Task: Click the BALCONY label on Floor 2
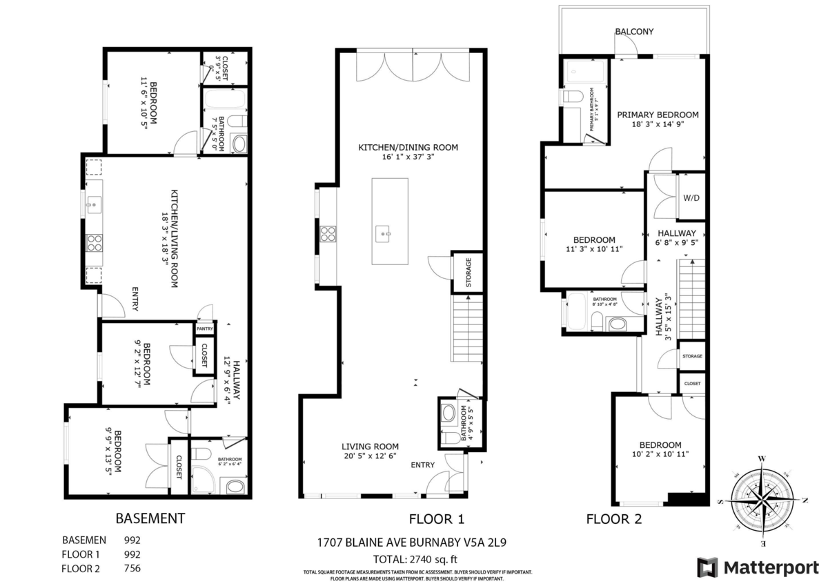coord(634,32)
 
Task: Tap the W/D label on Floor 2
coord(691,198)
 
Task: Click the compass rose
coord(762,500)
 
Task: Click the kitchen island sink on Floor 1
coord(383,234)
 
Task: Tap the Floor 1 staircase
coord(467,328)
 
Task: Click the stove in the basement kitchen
coord(94,242)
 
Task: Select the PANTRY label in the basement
coord(204,329)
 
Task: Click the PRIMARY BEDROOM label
coord(658,115)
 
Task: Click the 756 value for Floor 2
coord(132,569)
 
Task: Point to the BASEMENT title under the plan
coord(150,518)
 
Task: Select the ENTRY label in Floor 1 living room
coord(423,465)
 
